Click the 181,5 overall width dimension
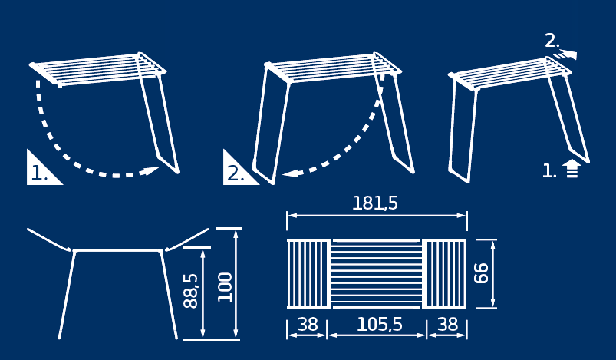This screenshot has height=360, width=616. pyautogui.click(x=375, y=203)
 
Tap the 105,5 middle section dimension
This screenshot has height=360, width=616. pyautogui.click(x=380, y=325)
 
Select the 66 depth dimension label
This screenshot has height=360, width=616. pyautogui.click(x=481, y=273)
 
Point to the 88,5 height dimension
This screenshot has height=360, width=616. pyautogui.click(x=190, y=291)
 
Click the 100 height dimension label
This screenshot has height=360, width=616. pyautogui.click(x=225, y=287)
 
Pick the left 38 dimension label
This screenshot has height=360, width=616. pyautogui.click(x=308, y=325)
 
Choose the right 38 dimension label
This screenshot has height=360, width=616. pyautogui.click(x=448, y=325)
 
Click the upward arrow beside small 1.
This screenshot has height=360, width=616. pyautogui.click(x=572, y=169)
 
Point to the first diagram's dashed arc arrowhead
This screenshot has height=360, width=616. pyautogui.click(x=152, y=170)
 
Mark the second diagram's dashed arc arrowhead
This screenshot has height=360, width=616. pyautogui.click(x=291, y=173)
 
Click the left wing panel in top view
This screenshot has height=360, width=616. pyautogui.click(x=308, y=274)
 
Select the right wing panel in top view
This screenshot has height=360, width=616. pyautogui.click(x=446, y=274)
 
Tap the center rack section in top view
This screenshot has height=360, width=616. pyautogui.click(x=377, y=274)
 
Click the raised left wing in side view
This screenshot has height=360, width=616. pyautogui.click(x=49, y=239)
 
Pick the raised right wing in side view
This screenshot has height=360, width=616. pyautogui.click(x=187, y=239)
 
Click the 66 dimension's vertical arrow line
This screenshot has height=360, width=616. pyautogui.click(x=493, y=274)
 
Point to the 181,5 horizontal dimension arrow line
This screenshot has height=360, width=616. pyautogui.click(x=377, y=216)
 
